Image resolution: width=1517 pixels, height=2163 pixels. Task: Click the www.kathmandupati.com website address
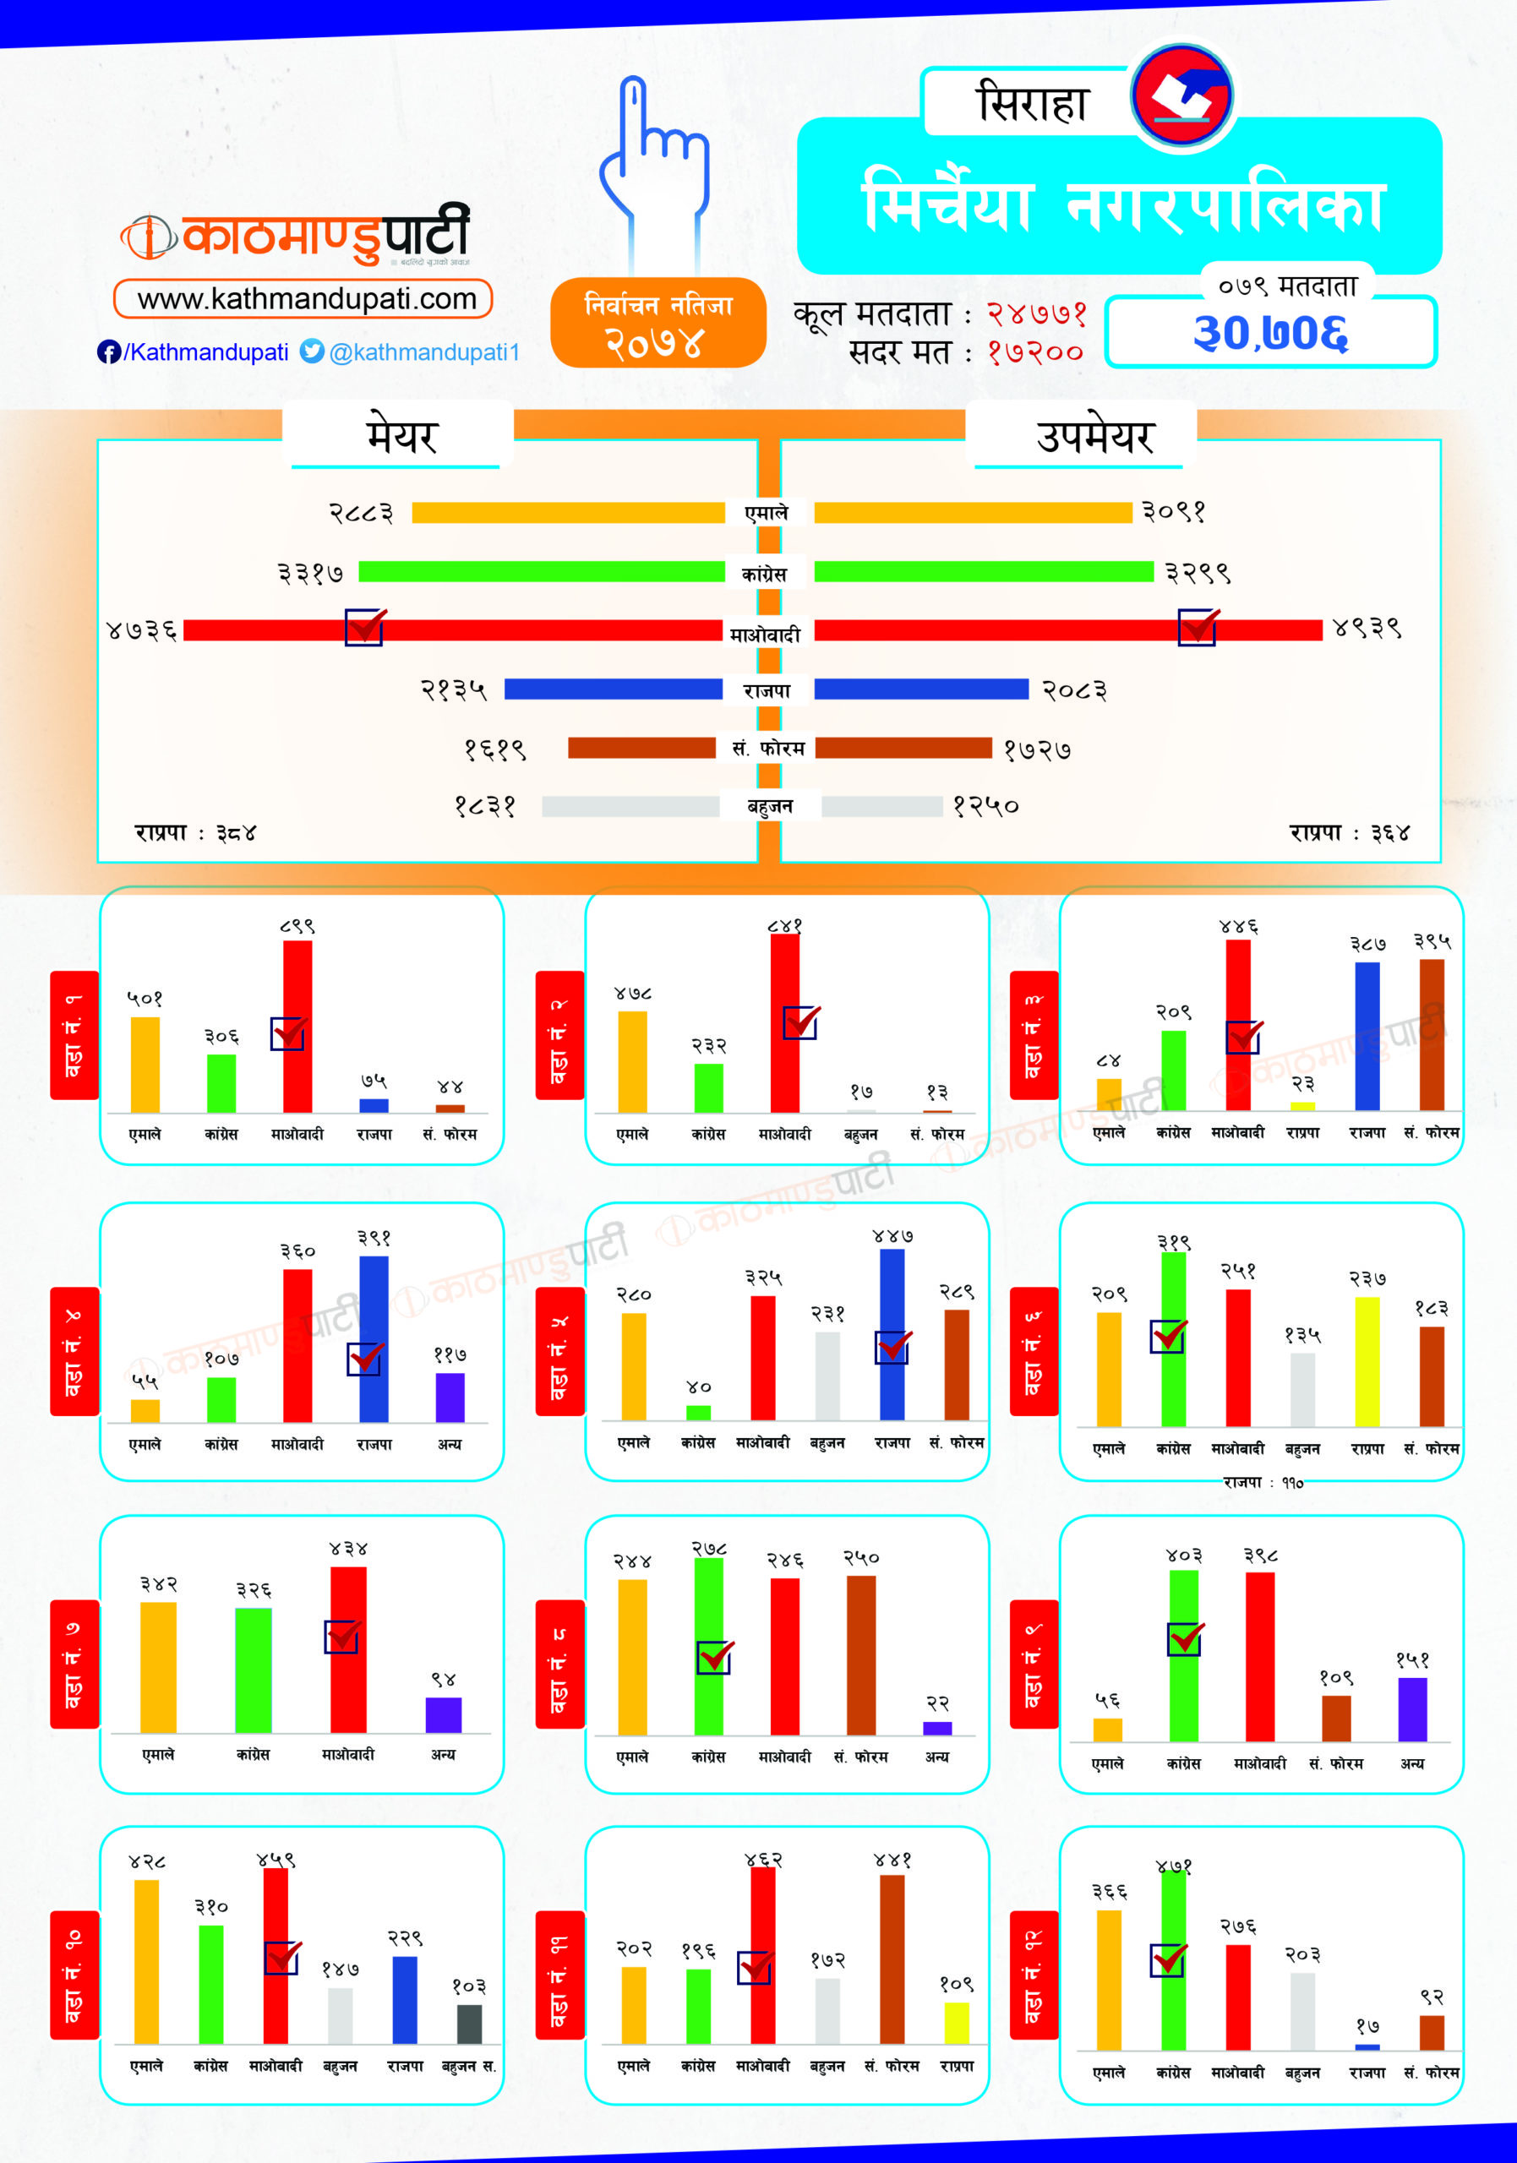pyautogui.click(x=306, y=300)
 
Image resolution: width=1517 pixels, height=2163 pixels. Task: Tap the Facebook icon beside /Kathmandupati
pyautogui.click(x=108, y=352)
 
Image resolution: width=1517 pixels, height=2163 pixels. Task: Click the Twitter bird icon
pyautogui.click(x=312, y=351)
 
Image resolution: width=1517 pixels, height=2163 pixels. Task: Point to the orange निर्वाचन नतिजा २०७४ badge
pyautogui.click(x=658, y=323)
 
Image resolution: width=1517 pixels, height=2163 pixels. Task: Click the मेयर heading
pyautogui.click(x=401, y=436)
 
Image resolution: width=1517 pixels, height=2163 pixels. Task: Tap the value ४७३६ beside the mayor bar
pyautogui.click(x=142, y=630)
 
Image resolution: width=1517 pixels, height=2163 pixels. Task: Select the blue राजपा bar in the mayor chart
pyautogui.click(x=613, y=689)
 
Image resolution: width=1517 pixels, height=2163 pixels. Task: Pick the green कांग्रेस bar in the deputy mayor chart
pyautogui.click(x=983, y=572)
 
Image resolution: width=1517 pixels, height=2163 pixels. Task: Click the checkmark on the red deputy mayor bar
pyautogui.click(x=1198, y=626)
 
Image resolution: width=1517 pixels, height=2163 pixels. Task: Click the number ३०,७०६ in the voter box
pyautogui.click(x=1270, y=333)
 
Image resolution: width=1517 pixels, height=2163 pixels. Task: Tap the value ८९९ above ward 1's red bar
pyautogui.click(x=297, y=927)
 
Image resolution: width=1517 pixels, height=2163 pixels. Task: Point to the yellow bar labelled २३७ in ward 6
pyautogui.click(x=1367, y=1361)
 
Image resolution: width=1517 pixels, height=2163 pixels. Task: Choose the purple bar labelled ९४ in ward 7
pyautogui.click(x=443, y=1714)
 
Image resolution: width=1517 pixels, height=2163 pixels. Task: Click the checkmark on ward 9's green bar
pyautogui.click(x=1184, y=1639)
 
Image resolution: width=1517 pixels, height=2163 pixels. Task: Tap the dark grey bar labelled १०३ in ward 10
pyautogui.click(x=469, y=2024)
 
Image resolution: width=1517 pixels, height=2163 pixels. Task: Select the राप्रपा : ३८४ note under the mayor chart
pyautogui.click(x=195, y=833)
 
